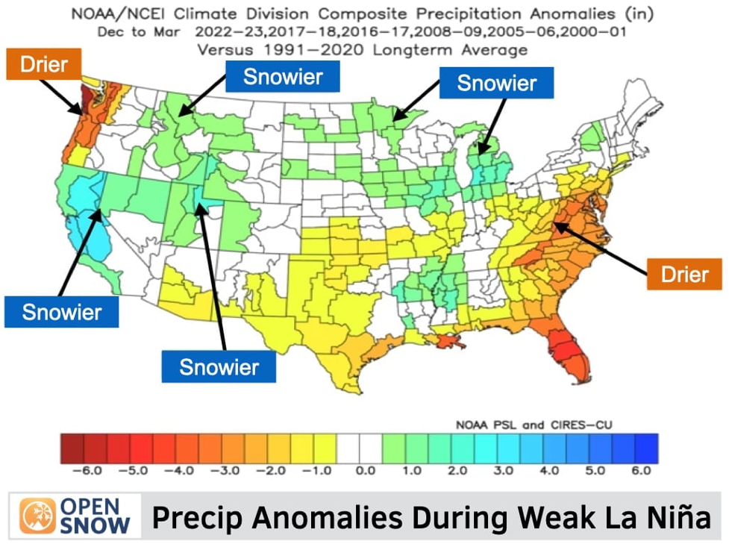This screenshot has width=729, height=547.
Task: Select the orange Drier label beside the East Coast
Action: tap(684, 274)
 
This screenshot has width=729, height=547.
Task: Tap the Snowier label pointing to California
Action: tap(61, 311)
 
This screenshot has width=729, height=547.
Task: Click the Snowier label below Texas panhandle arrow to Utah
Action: tap(219, 366)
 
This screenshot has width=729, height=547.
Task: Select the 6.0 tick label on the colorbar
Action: tap(641, 471)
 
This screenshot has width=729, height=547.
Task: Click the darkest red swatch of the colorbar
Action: tap(72, 447)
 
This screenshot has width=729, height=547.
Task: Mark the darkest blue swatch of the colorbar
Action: tap(647, 447)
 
